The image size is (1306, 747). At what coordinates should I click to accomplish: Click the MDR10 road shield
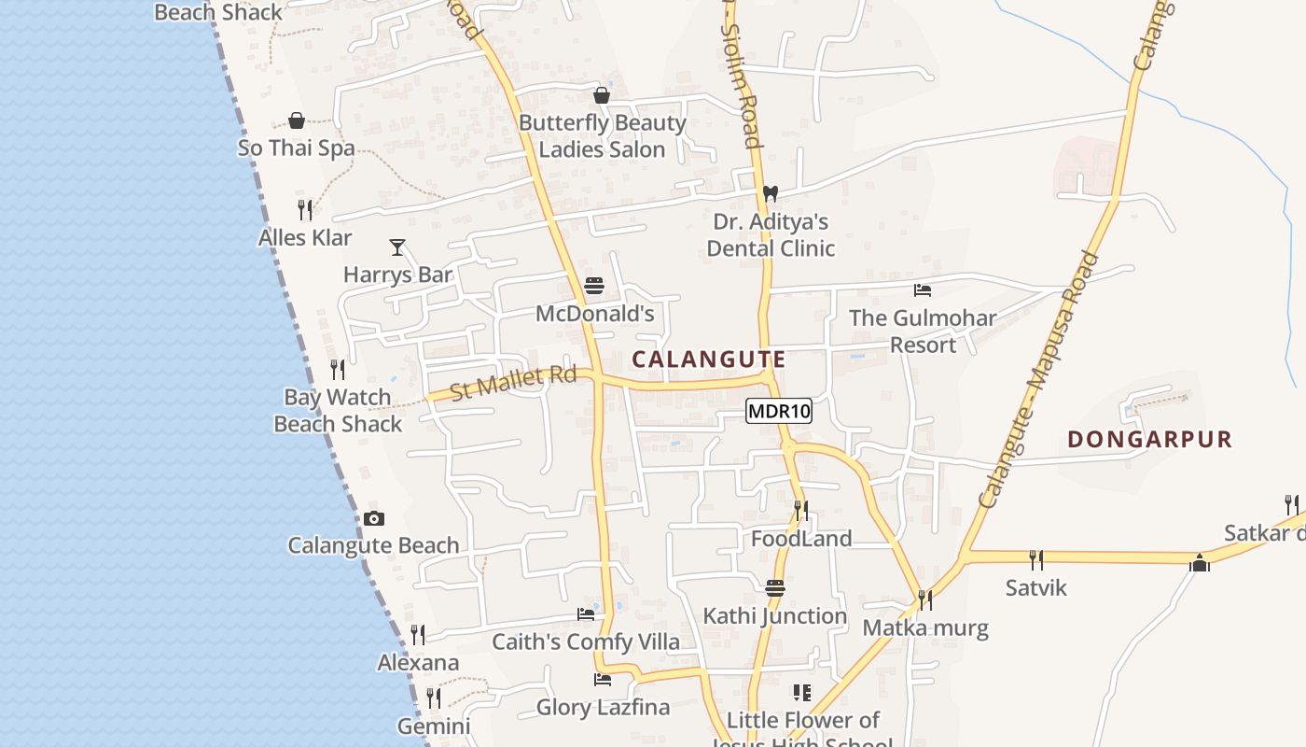(x=779, y=411)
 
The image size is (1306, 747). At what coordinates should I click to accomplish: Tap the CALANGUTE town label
(x=709, y=359)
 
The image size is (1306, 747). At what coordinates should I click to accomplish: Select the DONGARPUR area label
(x=1149, y=439)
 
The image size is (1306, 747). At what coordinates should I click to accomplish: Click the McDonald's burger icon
(x=594, y=286)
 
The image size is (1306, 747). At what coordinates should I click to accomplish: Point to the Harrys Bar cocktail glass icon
(x=397, y=247)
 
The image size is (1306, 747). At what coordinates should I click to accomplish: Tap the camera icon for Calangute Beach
(x=374, y=519)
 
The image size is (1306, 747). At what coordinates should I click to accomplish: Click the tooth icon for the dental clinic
(x=770, y=194)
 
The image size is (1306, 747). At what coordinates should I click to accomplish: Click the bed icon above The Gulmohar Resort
(x=923, y=290)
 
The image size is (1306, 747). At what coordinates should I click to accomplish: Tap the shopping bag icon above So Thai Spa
(x=297, y=120)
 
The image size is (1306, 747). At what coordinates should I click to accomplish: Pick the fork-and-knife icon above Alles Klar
(x=305, y=209)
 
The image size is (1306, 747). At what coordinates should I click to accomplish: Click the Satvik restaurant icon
(x=1035, y=560)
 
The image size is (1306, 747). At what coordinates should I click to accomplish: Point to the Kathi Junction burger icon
(x=775, y=588)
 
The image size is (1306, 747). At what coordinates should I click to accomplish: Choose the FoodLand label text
(x=801, y=539)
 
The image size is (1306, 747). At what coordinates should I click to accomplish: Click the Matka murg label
(x=925, y=627)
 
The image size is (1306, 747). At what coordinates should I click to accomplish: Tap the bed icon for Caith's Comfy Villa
(x=586, y=614)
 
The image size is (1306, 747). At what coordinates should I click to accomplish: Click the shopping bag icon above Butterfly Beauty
(x=602, y=95)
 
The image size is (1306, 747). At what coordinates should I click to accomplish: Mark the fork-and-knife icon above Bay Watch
(x=338, y=370)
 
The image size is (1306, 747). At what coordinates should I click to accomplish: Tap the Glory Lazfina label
(x=603, y=707)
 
